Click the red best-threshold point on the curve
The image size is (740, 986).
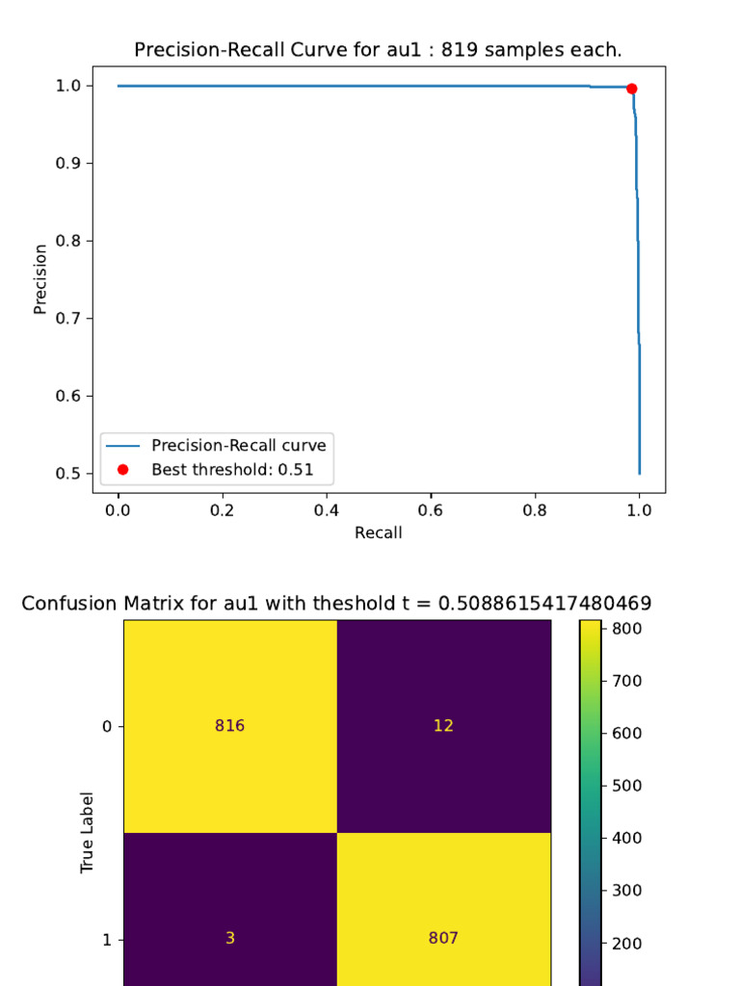tap(631, 89)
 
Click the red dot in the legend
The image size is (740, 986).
tap(122, 470)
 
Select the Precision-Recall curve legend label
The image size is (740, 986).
tap(238, 446)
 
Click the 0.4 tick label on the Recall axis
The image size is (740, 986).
tap(327, 511)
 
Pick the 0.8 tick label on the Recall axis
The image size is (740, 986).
tap(535, 511)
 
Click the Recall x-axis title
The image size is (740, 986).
tap(379, 532)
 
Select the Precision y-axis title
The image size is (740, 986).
tap(40, 279)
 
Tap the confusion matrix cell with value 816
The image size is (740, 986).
tap(229, 726)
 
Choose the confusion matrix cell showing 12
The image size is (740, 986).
tap(443, 726)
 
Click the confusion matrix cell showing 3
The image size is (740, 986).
tap(229, 938)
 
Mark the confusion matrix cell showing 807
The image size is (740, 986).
tap(443, 938)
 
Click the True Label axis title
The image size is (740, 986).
tap(87, 833)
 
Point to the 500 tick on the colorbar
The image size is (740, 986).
tap(621, 786)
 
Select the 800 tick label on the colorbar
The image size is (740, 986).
tap(621, 629)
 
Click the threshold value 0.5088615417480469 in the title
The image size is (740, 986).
tap(544, 604)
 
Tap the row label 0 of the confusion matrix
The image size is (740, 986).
tap(107, 726)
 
